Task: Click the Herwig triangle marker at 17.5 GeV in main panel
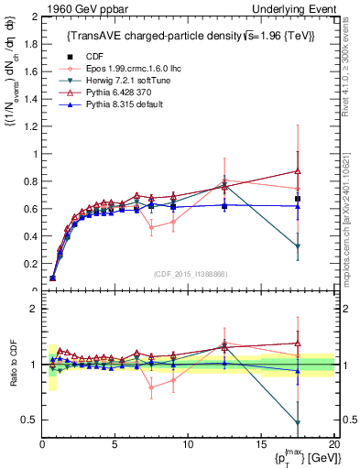(x=298, y=246)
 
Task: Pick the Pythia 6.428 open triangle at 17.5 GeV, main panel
(x=298, y=171)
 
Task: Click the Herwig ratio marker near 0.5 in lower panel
(x=298, y=422)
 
